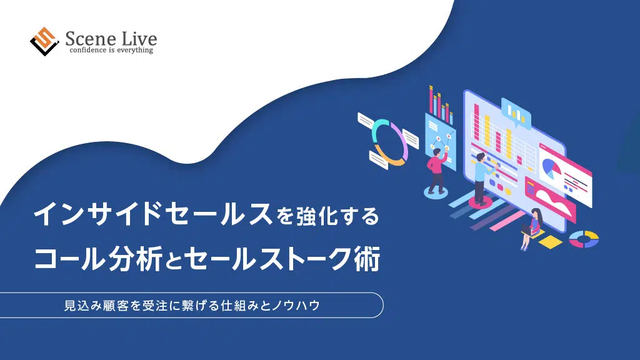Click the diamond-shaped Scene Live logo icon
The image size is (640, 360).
click(x=44, y=41)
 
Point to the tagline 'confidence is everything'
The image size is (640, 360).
click(x=111, y=50)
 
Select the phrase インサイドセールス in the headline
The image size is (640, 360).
click(x=153, y=214)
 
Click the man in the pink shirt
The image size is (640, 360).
click(x=437, y=170)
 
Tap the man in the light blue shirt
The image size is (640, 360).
click(x=482, y=177)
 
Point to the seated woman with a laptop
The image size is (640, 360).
click(x=531, y=229)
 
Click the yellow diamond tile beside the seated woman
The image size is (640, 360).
click(x=550, y=241)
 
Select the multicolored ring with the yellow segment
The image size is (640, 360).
click(x=584, y=239)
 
